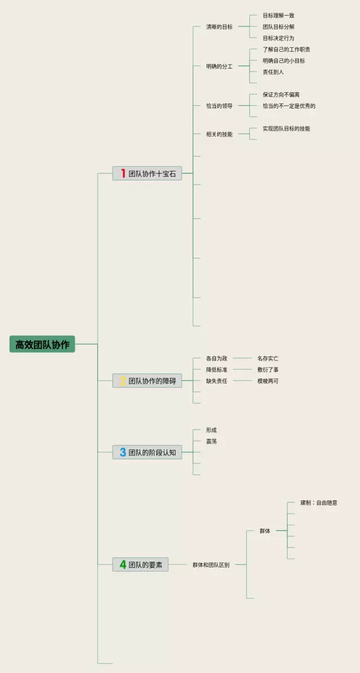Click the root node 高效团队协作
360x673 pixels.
click(42, 344)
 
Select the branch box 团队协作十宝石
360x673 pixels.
click(147, 174)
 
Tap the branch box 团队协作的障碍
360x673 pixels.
click(147, 381)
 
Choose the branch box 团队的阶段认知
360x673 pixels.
click(147, 452)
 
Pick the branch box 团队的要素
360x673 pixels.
click(141, 564)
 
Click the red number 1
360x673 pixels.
click(123, 174)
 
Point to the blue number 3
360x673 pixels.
click(123, 452)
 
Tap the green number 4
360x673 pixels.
click(123, 564)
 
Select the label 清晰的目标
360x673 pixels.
click(219, 27)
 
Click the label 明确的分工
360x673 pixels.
click(219, 66)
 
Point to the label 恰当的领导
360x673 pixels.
click(219, 106)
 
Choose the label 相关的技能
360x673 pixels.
click(219, 134)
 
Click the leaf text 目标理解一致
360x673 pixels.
click(278, 16)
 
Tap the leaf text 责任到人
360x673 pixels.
click(273, 72)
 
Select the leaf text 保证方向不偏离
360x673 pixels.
click(281, 94)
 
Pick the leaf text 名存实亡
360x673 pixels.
click(268, 358)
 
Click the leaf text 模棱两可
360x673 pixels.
click(268, 381)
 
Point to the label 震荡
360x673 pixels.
click(211, 441)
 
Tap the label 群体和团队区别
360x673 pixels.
click(211, 565)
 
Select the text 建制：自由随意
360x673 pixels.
click(319, 503)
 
